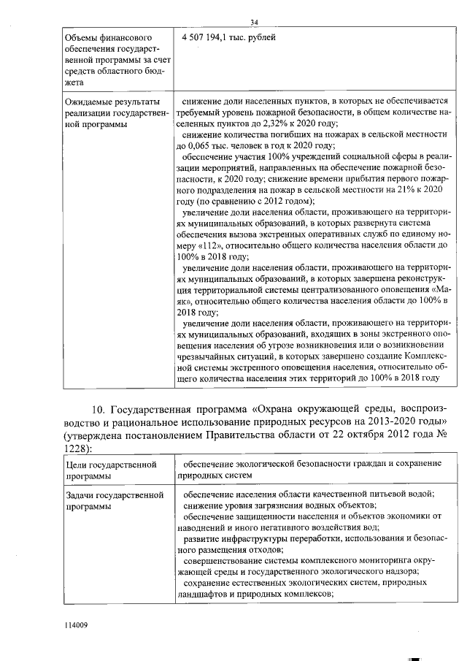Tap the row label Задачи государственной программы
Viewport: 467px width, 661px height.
coord(113,500)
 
